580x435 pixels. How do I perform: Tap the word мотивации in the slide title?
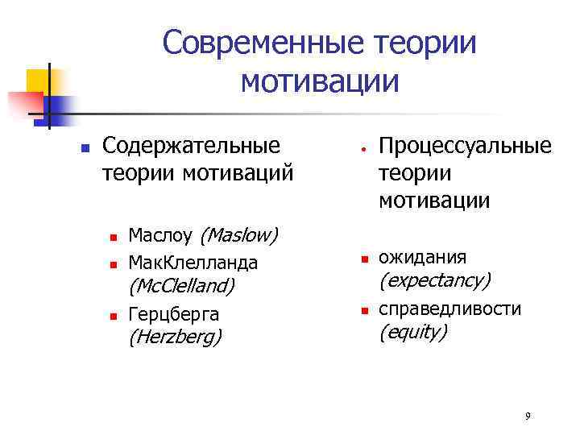pyautogui.click(x=320, y=81)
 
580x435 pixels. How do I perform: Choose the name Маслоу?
pyautogui.click(x=160, y=235)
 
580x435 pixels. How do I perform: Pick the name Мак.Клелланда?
pyautogui.click(x=193, y=262)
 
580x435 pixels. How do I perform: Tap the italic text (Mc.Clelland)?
pyautogui.click(x=181, y=286)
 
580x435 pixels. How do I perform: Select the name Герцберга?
pyautogui.click(x=174, y=313)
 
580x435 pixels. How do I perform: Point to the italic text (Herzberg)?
pyautogui.click(x=175, y=337)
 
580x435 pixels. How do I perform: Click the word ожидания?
pyautogui.click(x=422, y=257)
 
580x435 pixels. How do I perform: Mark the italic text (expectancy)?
pyautogui.click(x=434, y=280)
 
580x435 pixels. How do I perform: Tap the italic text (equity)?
pyautogui.click(x=412, y=331)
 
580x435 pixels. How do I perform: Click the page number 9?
pyautogui.click(x=527, y=416)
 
